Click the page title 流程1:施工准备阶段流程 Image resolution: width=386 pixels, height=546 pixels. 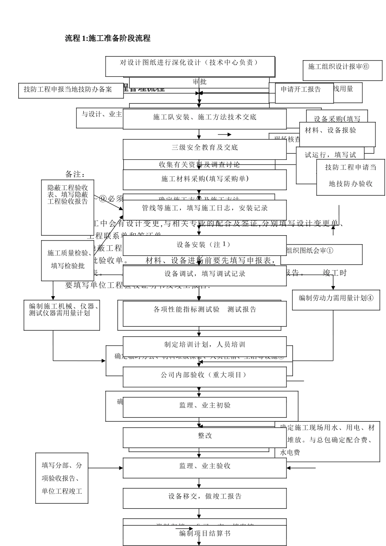coord(108,38)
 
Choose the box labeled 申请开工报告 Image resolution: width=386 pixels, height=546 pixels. coord(301,89)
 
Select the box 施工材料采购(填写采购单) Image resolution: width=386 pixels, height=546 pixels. coord(204,179)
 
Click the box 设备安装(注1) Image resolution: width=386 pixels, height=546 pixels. coord(204,245)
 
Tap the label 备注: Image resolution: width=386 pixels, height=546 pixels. coord(75,174)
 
